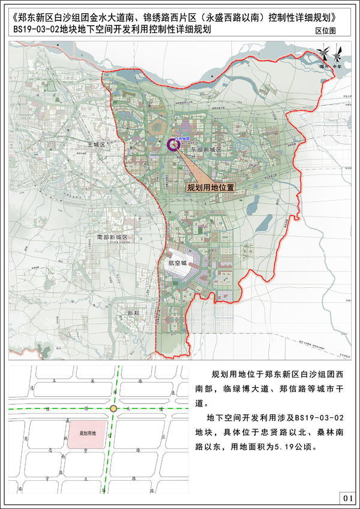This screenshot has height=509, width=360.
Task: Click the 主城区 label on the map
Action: [96, 144]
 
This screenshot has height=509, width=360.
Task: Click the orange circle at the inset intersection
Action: [113, 408]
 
